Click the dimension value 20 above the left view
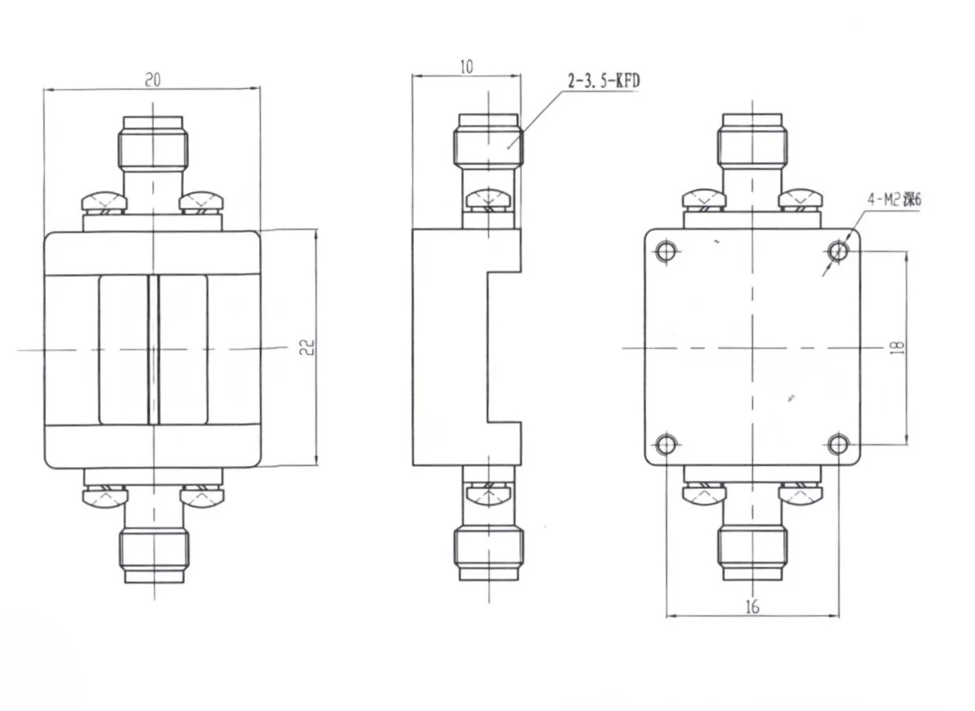coord(153,79)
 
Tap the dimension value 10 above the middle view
coord(466,66)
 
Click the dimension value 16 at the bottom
coord(752,606)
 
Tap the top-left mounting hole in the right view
coord(666,252)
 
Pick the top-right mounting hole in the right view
coord(839,252)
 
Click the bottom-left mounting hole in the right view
coord(666,445)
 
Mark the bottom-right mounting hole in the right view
coord(839,445)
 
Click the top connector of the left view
coord(154,150)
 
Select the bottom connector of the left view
coord(154,551)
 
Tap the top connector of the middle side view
coord(487,146)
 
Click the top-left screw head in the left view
coord(104,201)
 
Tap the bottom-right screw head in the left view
coord(202,496)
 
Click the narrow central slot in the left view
coord(154,349)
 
